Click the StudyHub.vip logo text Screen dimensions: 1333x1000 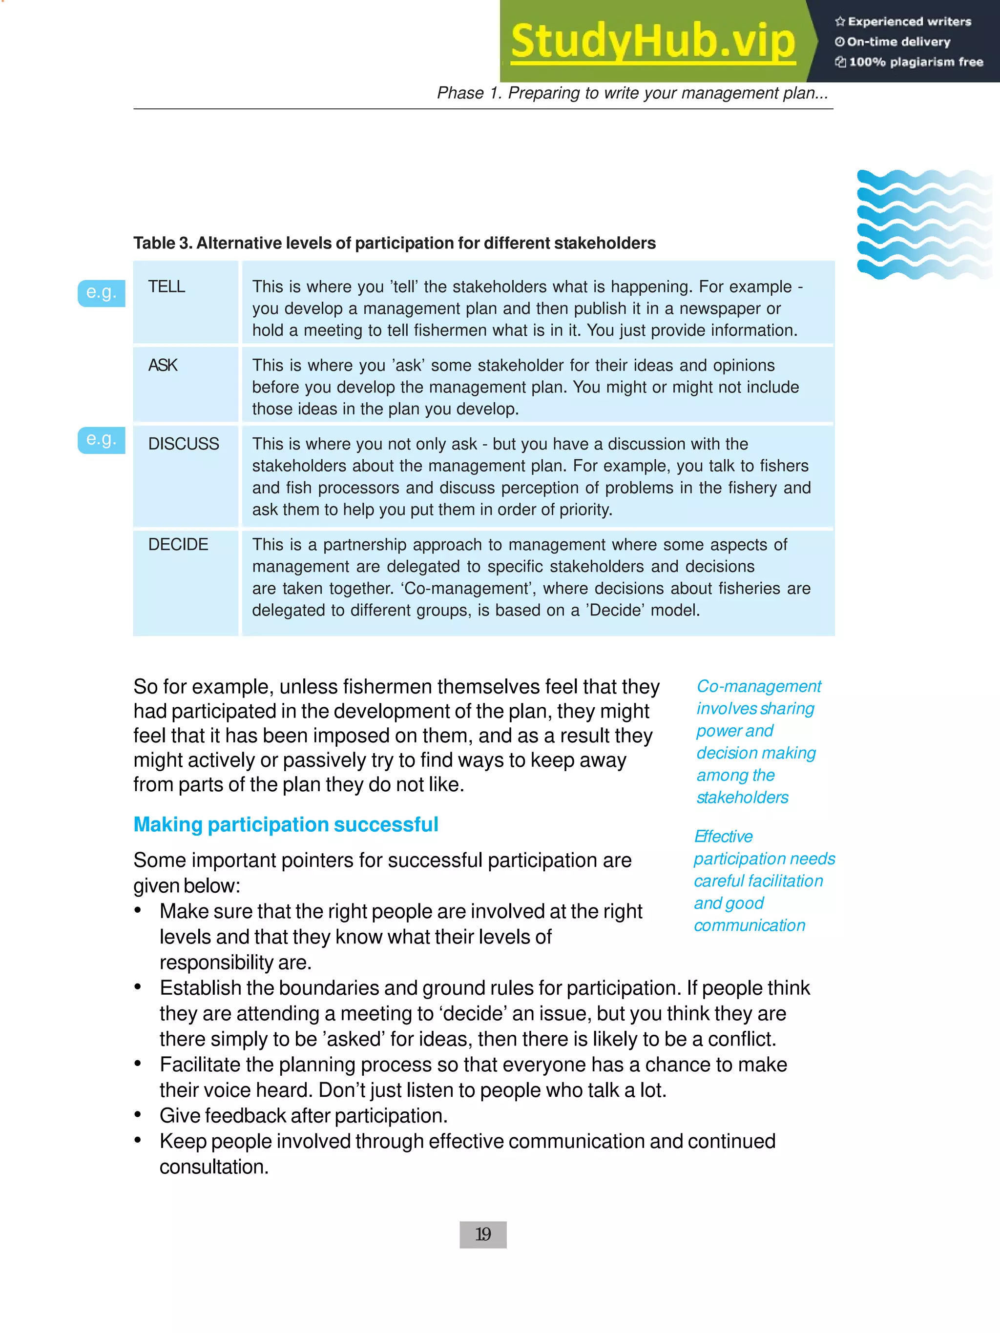point(653,41)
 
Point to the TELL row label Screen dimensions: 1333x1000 point(167,287)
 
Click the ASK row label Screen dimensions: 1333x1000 point(163,365)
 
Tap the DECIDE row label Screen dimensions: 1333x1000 point(178,545)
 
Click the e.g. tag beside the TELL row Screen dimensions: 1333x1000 point(101,293)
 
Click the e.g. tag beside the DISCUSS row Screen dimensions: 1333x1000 point(101,440)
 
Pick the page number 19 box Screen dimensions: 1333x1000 point(483,1235)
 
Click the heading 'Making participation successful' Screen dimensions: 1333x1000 point(286,824)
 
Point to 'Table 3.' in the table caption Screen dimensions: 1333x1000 point(162,244)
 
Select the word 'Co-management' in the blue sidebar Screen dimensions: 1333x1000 point(758,686)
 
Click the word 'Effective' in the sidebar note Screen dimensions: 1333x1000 point(723,837)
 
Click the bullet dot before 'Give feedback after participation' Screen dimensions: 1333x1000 point(138,1115)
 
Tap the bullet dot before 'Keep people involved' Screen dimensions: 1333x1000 point(138,1140)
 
